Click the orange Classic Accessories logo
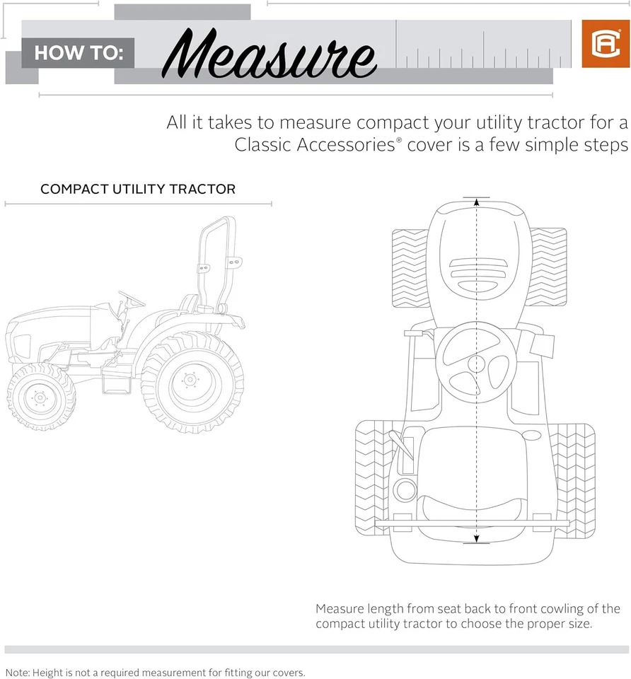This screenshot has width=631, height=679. tap(600, 44)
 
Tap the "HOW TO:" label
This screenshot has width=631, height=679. tap(79, 53)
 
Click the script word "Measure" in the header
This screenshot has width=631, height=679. tap(272, 52)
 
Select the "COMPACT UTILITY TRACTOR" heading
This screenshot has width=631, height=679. tap(138, 190)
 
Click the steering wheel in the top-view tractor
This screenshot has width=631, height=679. tap(476, 364)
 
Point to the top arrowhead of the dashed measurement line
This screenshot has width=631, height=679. tap(476, 202)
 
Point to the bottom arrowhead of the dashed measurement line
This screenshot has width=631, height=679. tap(476, 540)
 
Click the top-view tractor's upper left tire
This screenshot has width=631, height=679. tap(410, 268)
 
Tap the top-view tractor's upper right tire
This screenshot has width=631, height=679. tap(549, 268)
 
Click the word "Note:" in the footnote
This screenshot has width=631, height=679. tap(17, 672)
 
